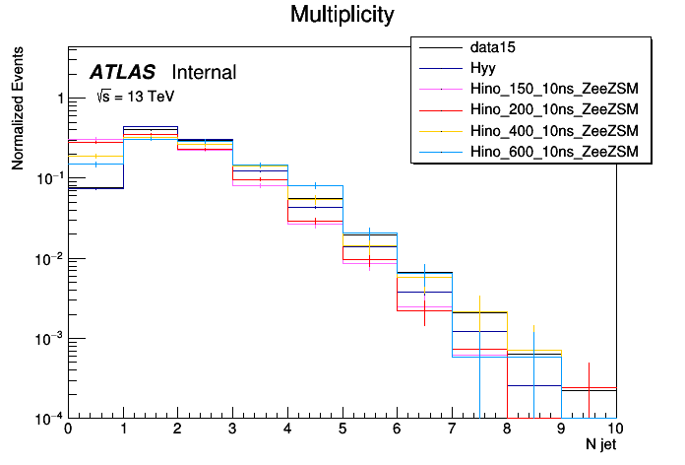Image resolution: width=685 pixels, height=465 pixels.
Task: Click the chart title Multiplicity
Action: pos(342,15)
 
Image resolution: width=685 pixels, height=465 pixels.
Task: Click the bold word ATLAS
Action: pos(122,72)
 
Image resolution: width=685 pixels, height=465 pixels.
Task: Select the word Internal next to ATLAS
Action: pos(204,72)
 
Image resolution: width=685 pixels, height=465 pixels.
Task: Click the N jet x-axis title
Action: pos(599,445)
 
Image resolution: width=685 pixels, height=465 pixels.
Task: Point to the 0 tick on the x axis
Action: pos(68,430)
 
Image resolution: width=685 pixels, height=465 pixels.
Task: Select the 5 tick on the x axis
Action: pos(342,430)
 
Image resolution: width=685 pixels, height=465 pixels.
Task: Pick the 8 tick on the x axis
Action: pos(506,430)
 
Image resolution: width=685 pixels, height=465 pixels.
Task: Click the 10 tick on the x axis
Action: pos(614,430)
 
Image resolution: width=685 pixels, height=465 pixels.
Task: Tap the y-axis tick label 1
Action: pos(59,99)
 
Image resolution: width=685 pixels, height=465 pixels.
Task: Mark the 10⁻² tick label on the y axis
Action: pos(49,258)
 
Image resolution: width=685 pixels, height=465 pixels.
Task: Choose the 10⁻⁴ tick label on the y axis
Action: pos(49,418)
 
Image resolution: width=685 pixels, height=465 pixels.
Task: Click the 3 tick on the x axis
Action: pos(232,430)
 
